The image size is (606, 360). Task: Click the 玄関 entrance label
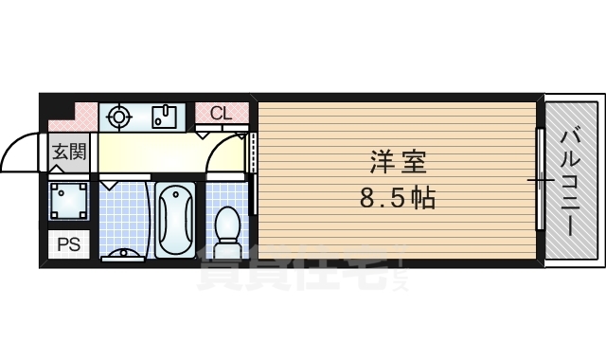point(69,151)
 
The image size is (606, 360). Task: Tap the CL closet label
point(221,113)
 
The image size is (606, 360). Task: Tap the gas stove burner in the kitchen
point(118,117)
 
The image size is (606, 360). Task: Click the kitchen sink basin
point(164,117)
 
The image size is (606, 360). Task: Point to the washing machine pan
point(71,200)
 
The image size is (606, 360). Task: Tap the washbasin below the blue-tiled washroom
point(122,253)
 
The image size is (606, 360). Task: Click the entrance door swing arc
point(21,152)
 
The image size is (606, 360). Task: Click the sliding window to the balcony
point(540,180)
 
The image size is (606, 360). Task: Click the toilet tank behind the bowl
point(227,251)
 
